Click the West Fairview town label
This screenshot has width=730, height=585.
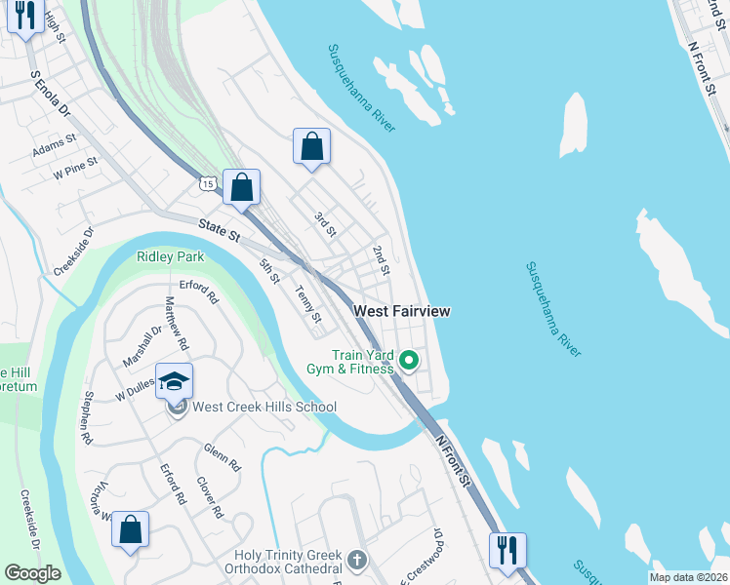(401, 311)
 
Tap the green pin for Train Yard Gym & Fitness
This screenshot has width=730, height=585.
(410, 362)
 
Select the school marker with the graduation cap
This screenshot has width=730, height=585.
(175, 382)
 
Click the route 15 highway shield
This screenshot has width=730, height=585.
(208, 182)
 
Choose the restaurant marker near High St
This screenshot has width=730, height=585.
(24, 16)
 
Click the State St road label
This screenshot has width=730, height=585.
(221, 231)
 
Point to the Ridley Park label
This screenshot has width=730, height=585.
(171, 257)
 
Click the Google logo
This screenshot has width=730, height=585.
(32, 572)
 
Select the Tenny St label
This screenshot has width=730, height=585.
(308, 304)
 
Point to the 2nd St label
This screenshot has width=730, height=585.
(381, 259)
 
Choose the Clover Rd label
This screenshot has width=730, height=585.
(205, 497)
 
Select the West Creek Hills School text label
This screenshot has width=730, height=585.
(264, 407)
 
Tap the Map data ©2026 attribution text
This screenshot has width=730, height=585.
(688, 576)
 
